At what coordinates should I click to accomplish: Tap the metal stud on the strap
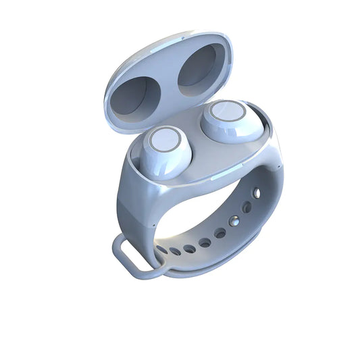(234, 220)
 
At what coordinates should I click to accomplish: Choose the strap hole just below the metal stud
(220, 233)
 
